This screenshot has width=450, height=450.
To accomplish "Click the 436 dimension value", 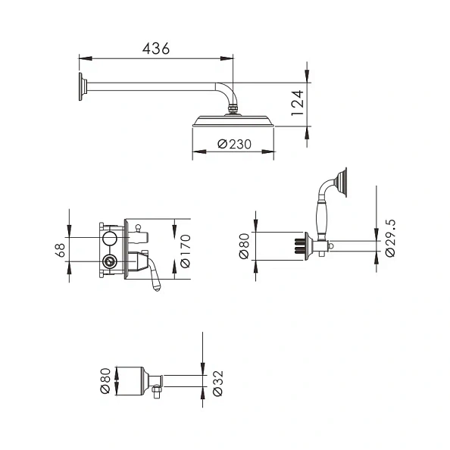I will click(155, 47).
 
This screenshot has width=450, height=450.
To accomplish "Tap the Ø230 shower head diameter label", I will click(234, 143).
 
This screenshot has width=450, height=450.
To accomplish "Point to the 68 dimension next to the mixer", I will click(59, 250).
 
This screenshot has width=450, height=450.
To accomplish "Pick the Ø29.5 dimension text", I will click(389, 237).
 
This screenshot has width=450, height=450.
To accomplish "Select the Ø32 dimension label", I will click(217, 383).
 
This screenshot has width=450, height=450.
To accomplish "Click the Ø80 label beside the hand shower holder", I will click(245, 245).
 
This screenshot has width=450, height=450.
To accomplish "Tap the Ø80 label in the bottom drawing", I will click(105, 380).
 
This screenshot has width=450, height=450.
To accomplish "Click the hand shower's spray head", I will click(339, 182).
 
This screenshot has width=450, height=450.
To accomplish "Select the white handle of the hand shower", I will click(320, 219).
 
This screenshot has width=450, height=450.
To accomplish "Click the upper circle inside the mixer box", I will click(111, 239).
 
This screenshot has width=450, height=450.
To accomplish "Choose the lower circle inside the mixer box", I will click(111, 264).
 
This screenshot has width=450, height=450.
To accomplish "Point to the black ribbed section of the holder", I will click(298, 246).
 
